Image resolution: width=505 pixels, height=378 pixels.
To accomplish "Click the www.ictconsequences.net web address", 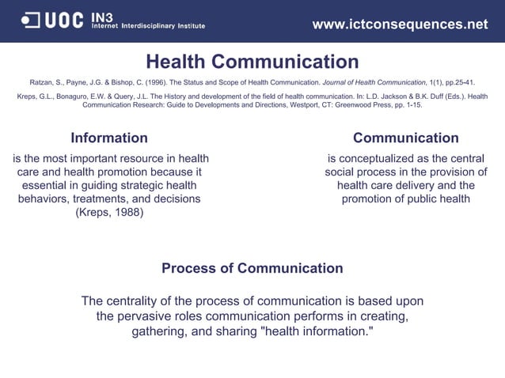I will [400, 25].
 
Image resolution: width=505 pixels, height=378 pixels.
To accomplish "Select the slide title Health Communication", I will [252, 62].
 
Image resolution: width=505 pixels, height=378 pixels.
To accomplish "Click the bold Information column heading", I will [109, 138].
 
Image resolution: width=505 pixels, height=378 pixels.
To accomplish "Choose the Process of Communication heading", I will [252, 268].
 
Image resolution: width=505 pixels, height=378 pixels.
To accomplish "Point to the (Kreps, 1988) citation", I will [109, 212].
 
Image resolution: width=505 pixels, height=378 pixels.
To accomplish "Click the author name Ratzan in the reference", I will [44, 82].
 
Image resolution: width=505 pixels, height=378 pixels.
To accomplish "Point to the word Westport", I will [262, 104].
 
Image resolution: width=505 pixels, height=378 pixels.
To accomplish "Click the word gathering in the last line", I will [158, 331].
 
